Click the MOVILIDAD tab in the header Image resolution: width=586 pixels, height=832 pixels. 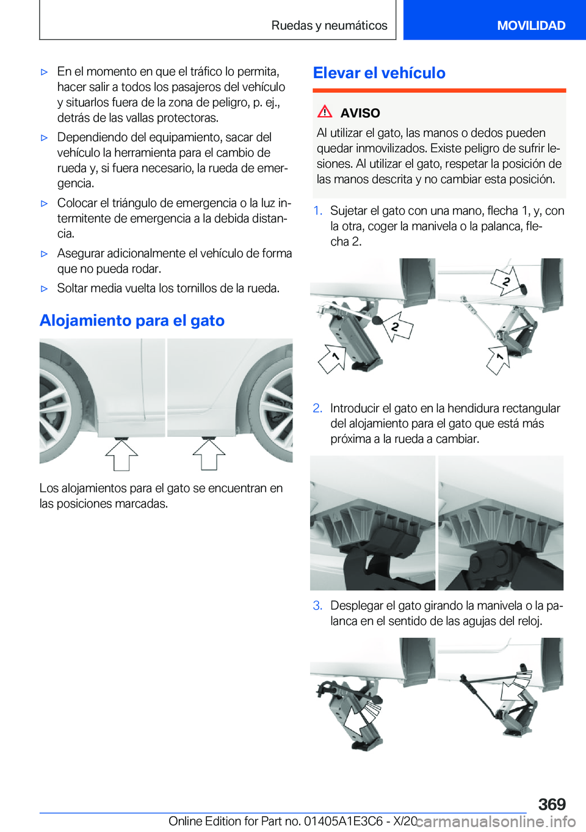pyautogui.click(x=530, y=26)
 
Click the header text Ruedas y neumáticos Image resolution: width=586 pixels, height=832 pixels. pyautogui.click(x=329, y=26)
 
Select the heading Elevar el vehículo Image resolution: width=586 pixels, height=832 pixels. pyautogui.click(x=379, y=73)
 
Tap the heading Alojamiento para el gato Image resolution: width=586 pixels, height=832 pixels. pyautogui.click(x=132, y=321)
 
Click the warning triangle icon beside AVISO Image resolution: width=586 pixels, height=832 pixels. pyautogui.click(x=325, y=112)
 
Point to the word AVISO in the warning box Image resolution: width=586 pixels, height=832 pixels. pyautogui.click(x=360, y=113)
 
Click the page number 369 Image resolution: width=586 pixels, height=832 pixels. pyautogui.click(x=552, y=804)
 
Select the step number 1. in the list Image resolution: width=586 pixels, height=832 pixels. pyautogui.click(x=317, y=211)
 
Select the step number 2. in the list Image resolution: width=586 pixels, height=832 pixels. pyautogui.click(x=317, y=408)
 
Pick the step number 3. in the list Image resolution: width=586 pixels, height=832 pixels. pyautogui.click(x=317, y=605)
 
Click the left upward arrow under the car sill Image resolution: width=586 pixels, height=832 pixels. pyautogui.click(x=121, y=454)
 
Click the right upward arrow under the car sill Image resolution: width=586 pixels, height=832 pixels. pyautogui.click(x=209, y=454)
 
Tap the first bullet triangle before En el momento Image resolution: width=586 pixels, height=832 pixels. pyautogui.click(x=44, y=72)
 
